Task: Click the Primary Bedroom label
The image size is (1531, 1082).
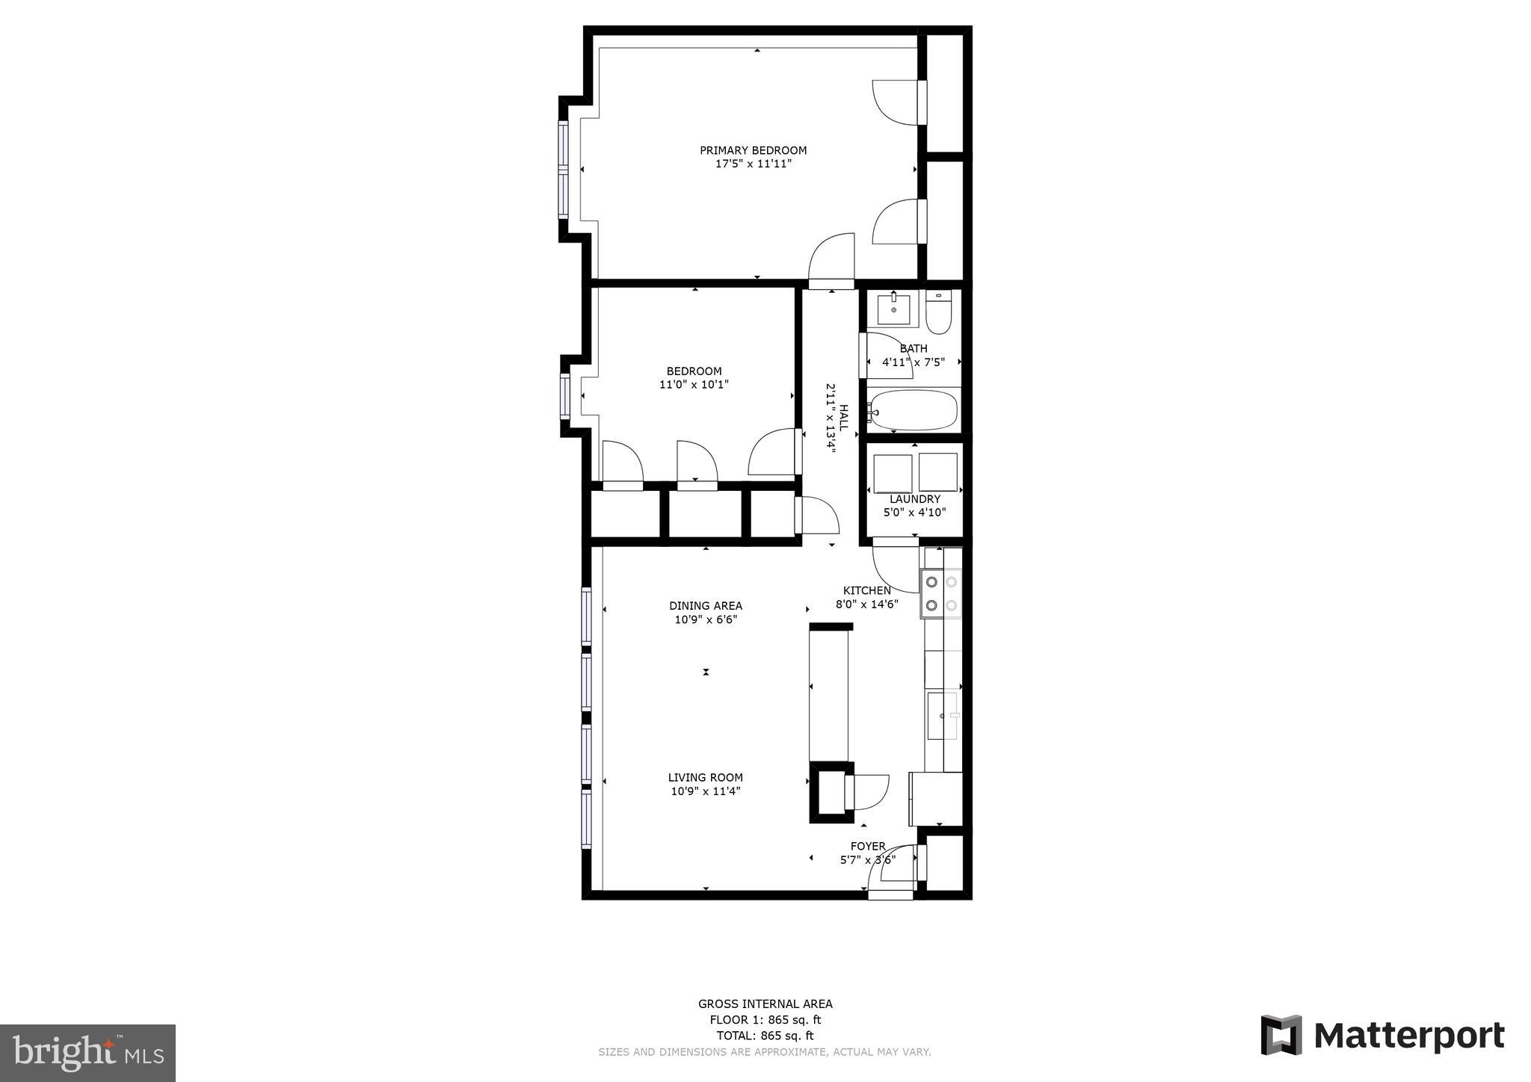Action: [x=753, y=150]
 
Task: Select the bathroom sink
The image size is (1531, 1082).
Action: [x=893, y=309]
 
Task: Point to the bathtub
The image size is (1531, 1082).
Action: [x=914, y=410]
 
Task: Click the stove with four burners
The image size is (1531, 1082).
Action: [x=941, y=593]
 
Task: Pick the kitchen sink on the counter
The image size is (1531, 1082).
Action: [x=941, y=716]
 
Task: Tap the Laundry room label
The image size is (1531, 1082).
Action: [x=914, y=499]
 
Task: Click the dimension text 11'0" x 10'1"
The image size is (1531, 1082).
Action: [x=694, y=385]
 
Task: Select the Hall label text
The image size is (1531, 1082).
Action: [x=843, y=418]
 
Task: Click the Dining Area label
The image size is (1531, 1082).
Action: [x=706, y=606]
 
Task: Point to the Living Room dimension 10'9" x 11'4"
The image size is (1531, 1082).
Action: [x=706, y=791]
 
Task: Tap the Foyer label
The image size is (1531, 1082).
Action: [x=868, y=847]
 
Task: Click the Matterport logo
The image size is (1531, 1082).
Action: [x=1382, y=1036]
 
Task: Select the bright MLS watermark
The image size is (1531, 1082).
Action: [x=87, y=1054]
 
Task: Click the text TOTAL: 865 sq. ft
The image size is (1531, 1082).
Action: [x=765, y=1036]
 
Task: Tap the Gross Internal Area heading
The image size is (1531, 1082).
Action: [x=765, y=1004]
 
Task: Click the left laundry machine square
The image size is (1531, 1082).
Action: [x=893, y=473]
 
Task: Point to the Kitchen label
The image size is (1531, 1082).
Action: [x=867, y=590]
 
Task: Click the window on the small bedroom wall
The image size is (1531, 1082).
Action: [x=565, y=396]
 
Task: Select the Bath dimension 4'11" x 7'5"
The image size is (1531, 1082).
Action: [x=914, y=362]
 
